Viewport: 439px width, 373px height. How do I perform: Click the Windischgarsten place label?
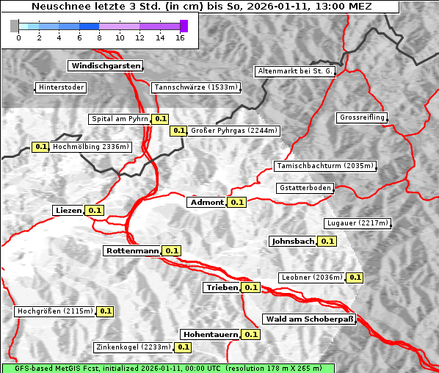(105, 66)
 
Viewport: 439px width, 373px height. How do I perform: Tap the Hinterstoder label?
(62, 87)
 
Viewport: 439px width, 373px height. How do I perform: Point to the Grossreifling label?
(362, 117)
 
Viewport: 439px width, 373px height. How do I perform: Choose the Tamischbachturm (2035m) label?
(324, 166)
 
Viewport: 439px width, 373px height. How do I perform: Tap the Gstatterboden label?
(305, 188)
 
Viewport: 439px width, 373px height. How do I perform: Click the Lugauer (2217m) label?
(356, 223)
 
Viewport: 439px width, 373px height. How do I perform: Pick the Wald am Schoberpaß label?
(309, 319)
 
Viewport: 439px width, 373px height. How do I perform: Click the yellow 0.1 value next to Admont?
(236, 202)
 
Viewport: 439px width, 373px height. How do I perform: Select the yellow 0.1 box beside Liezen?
(95, 210)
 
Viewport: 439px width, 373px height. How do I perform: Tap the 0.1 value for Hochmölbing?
(40, 147)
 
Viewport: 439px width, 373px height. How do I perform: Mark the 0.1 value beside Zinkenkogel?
(183, 347)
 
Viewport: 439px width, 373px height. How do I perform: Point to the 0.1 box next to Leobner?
(355, 278)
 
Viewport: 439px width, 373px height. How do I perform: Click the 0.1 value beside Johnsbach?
(327, 241)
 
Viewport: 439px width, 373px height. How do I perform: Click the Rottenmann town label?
(132, 250)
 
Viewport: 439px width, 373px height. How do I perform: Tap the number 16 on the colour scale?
(179, 37)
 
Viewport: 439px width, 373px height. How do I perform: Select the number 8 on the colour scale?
(99, 37)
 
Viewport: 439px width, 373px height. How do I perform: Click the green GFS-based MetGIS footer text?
(167, 368)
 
